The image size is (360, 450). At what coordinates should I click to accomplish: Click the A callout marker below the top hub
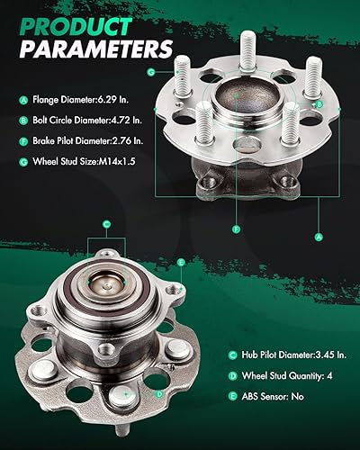(317, 237)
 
